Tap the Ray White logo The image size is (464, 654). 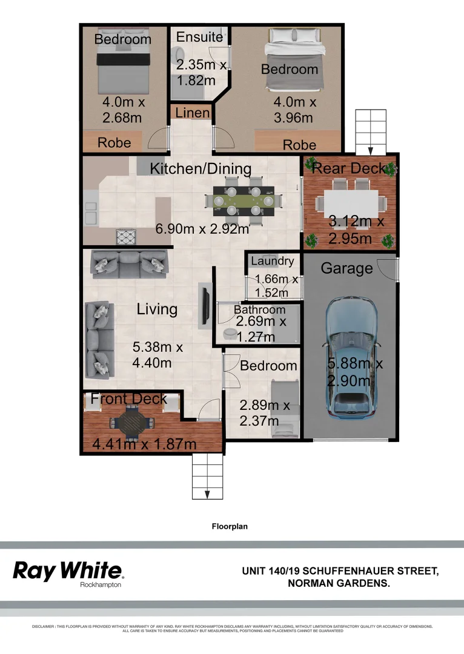68,570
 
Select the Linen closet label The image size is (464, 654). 193,113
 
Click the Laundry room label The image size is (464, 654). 273,261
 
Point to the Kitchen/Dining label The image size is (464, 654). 201,168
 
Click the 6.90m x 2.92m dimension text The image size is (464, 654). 202,229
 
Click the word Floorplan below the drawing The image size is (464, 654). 230,526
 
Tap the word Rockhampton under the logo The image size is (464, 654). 101,584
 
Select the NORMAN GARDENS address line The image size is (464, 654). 338,583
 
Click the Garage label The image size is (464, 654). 346,268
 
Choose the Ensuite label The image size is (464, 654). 199,37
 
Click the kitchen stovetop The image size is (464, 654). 128,236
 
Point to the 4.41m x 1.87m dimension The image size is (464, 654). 144,444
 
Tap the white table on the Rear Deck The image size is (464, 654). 350,200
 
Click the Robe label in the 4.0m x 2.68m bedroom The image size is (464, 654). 114,143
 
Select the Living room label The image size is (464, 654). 157,309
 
